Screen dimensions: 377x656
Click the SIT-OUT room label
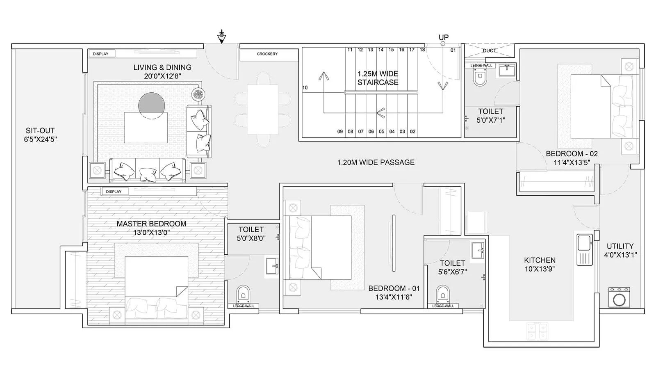tap(40, 131)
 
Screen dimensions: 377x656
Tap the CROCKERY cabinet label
tap(267, 54)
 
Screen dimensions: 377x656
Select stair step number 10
tap(305, 88)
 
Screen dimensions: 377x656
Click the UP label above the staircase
tap(444, 37)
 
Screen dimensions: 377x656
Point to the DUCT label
tap(489, 50)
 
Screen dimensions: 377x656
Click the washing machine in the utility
tap(619, 298)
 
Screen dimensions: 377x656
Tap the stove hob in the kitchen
tap(538, 331)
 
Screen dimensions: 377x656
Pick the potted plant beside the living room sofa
tap(198, 95)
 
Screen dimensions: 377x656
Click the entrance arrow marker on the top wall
tap(221, 37)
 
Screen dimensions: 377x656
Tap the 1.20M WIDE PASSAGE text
tap(376, 162)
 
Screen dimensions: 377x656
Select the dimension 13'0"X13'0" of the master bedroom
tap(151, 233)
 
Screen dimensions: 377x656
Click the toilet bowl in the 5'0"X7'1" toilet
tap(480, 77)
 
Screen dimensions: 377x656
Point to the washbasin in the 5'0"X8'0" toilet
tap(272, 266)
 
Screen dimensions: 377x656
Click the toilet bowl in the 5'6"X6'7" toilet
tap(443, 294)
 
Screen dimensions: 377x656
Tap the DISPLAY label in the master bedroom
tap(114, 192)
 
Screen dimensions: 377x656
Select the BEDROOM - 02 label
tap(572, 154)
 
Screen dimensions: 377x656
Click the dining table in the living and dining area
tap(262, 109)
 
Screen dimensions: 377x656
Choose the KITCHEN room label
tap(540, 260)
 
